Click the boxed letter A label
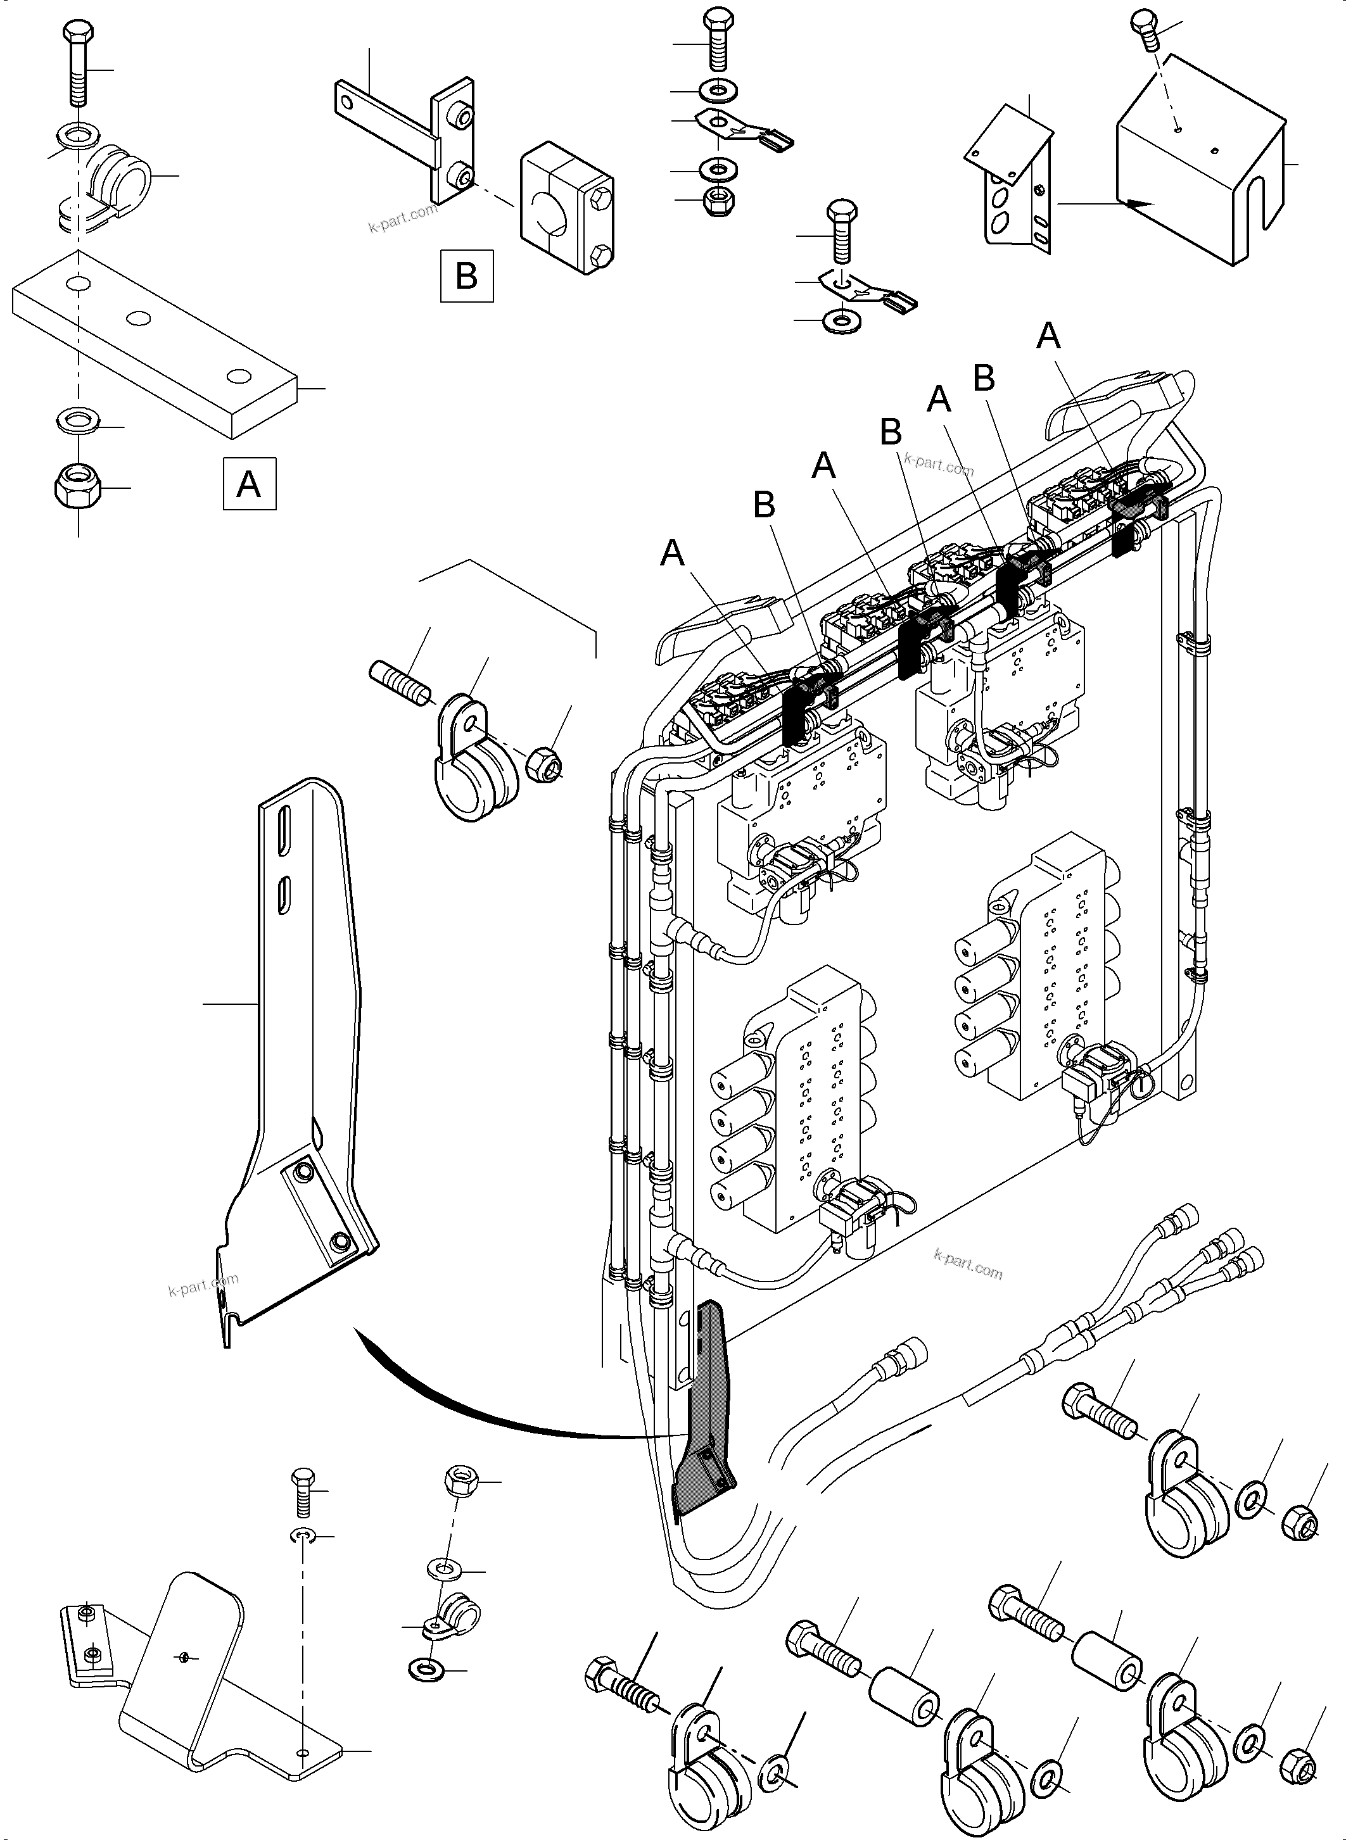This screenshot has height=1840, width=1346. tap(250, 484)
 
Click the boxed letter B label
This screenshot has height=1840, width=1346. tap(466, 275)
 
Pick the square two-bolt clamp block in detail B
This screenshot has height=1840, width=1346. tap(567, 208)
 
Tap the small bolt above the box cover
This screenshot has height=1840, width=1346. tap(1144, 34)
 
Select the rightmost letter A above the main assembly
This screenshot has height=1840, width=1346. tap(1048, 336)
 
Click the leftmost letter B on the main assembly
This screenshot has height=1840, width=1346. tap(763, 505)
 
